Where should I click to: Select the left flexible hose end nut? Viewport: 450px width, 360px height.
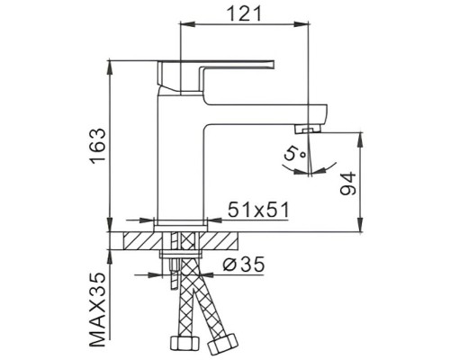click(182, 345)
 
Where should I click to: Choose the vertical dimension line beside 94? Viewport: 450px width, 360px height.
click(361, 180)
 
